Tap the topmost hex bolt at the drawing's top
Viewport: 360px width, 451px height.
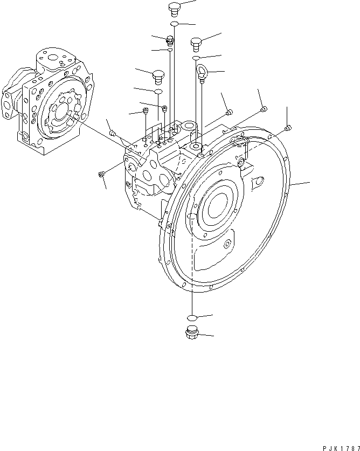tap(174, 8)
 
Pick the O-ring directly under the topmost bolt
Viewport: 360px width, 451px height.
tap(174, 24)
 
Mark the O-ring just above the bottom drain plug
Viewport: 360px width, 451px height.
tap(191, 317)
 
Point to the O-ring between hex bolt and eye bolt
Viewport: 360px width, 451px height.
tap(197, 57)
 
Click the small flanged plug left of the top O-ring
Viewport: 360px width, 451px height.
tap(170, 39)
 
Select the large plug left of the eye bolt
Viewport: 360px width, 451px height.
tap(158, 76)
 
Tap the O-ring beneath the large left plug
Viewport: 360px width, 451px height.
tap(158, 92)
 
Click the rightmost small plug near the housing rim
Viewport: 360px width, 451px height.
tap(288, 128)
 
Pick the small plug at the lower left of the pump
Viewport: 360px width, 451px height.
tap(101, 174)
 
